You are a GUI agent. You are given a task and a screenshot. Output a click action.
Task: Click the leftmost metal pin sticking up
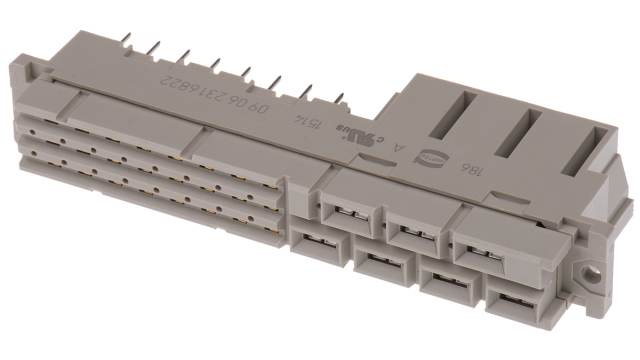(x=127, y=36)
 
